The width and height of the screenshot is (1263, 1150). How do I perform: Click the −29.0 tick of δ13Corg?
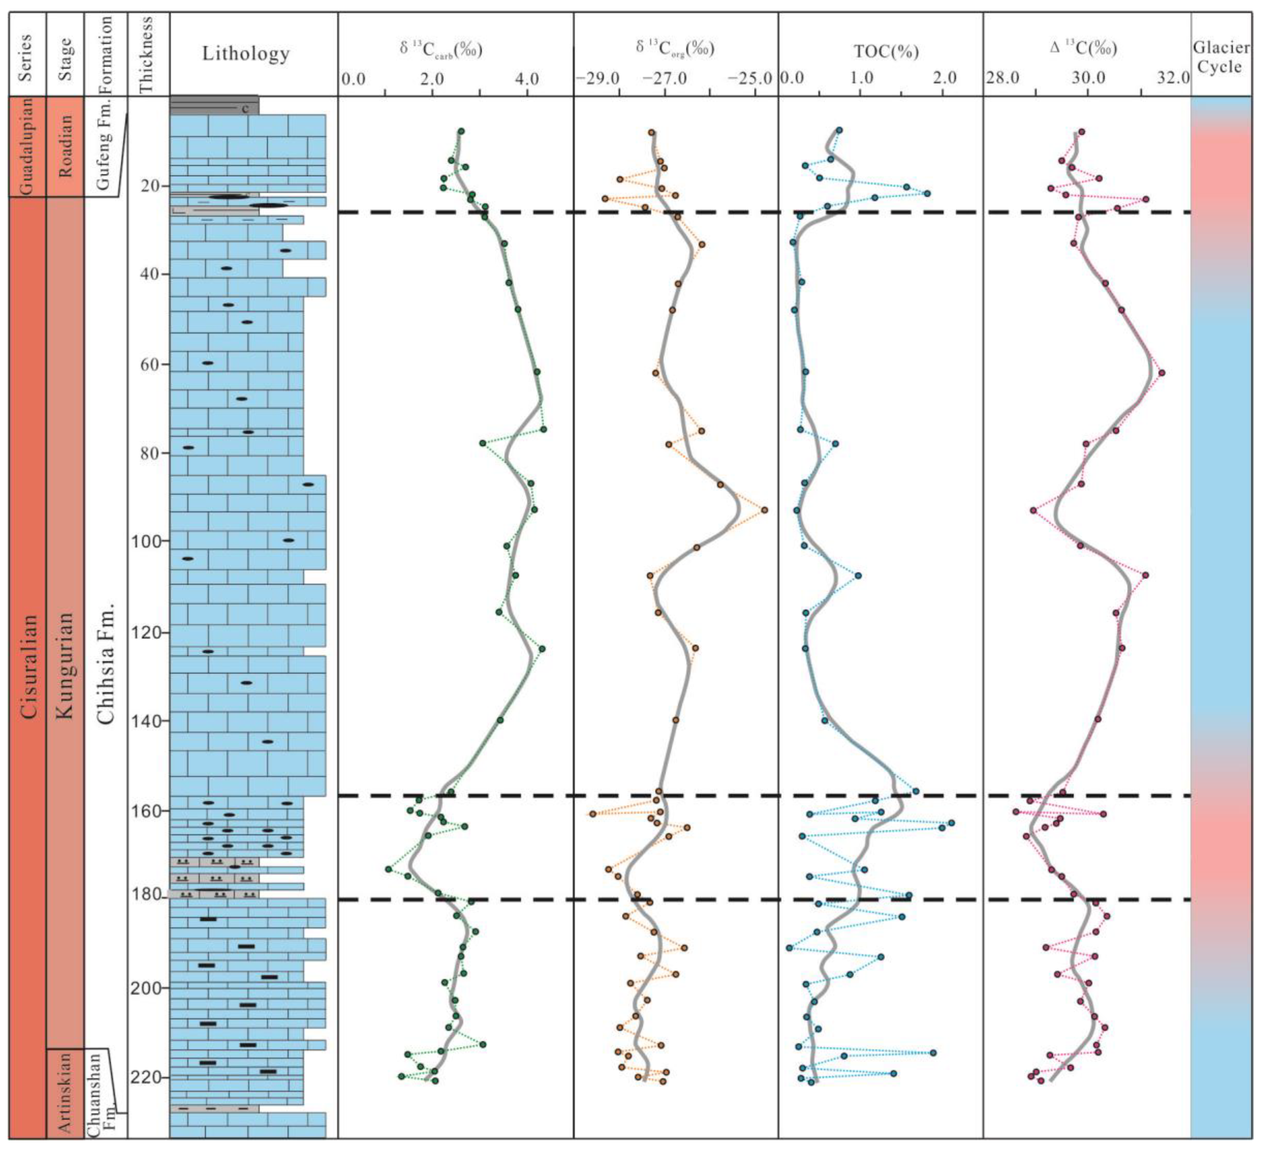(x=599, y=79)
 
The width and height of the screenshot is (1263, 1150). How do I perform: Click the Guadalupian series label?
(x=27, y=146)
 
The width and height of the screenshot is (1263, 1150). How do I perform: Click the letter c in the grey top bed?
(x=245, y=109)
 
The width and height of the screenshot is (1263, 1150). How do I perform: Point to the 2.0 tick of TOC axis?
(x=944, y=79)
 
